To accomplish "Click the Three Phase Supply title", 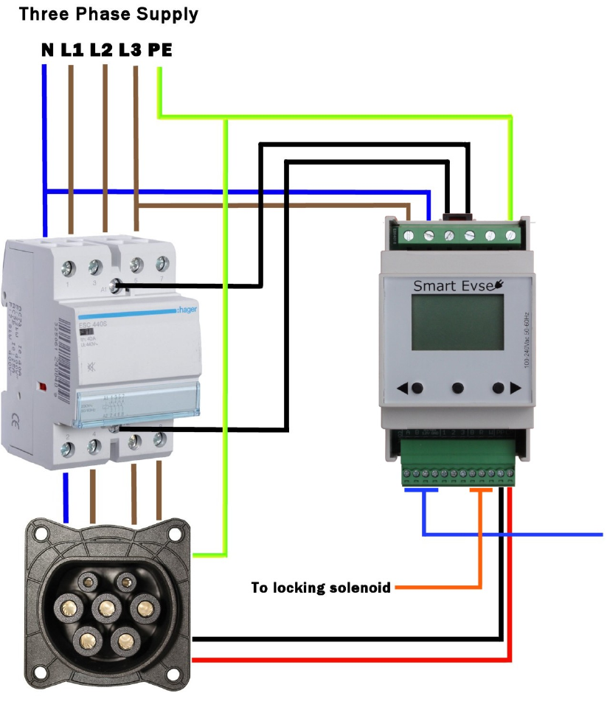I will coord(108,13).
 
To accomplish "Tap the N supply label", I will coord(47,50).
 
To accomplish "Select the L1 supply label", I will coord(72,50).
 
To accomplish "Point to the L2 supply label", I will coord(101,50).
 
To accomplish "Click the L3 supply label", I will coord(130,50).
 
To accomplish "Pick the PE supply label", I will coord(160,50).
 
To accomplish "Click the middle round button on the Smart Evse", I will coord(458,388).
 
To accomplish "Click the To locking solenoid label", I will coord(322,588).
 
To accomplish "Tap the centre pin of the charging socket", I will coord(108,608).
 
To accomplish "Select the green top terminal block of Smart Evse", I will coord(453,235).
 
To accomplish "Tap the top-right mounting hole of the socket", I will coord(175,532).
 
